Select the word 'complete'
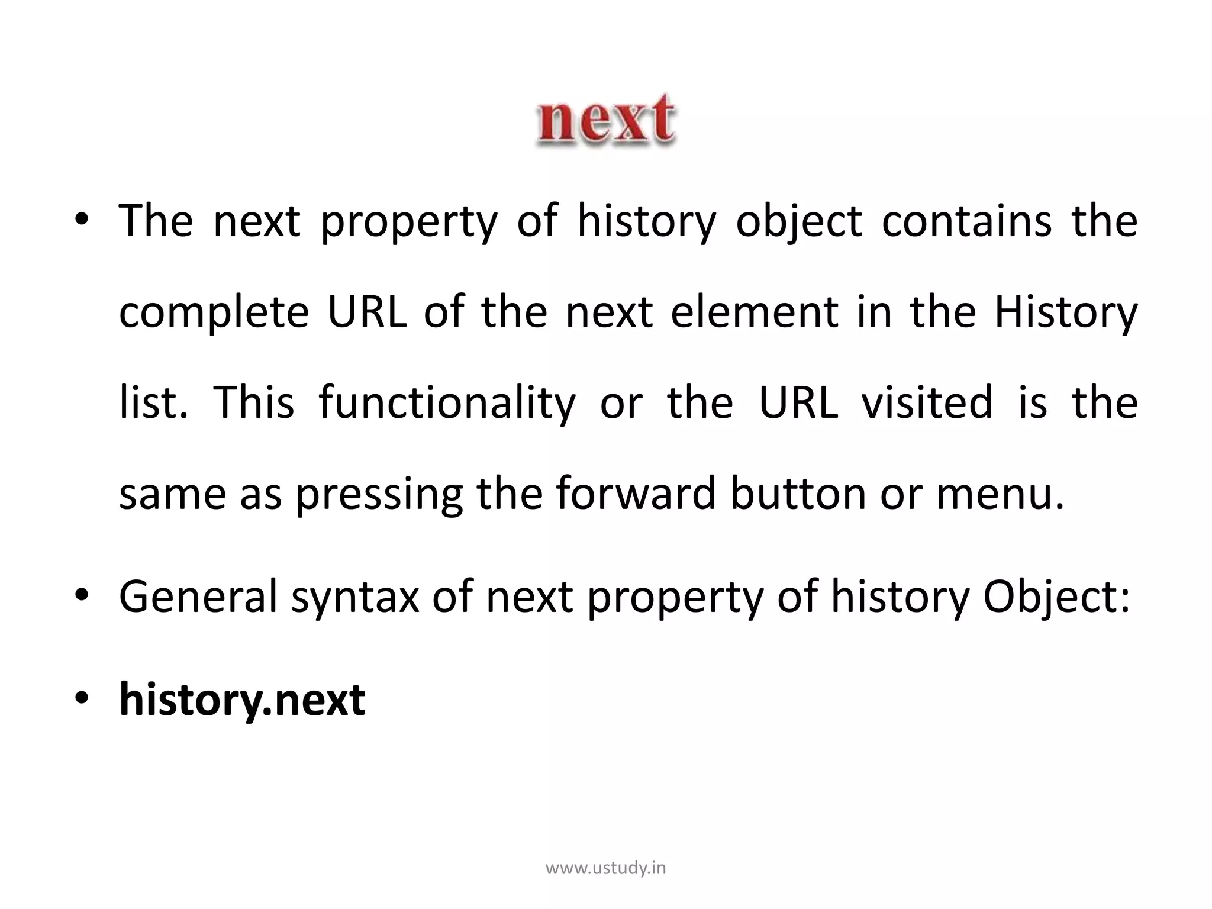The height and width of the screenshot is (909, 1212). pyautogui.click(x=214, y=312)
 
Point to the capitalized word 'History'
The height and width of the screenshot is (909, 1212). pyautogui.click(x=1065, y=312)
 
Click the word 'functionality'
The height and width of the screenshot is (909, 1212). pyautogui.click(x=447, y=402)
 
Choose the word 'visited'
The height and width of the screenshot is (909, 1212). pyautogui.click(x=927, y=402)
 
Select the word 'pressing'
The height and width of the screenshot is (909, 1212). pyautogui.click(x=379, y=494)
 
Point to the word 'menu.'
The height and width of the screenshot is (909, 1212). pyautogui.click(x=1000, y=494)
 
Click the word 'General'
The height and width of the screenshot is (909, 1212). pyautogui.click(x=198, y=597)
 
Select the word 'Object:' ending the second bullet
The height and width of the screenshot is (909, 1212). pyautogui.click(x=1057, y=597)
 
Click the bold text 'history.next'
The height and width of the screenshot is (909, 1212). pyautogui.click(x=242, y=700)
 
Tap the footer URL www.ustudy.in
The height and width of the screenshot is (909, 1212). pyautogui.click(x=605, y=868)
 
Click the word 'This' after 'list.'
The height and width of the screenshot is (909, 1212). pyautogui.click(x=253, y=402)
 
